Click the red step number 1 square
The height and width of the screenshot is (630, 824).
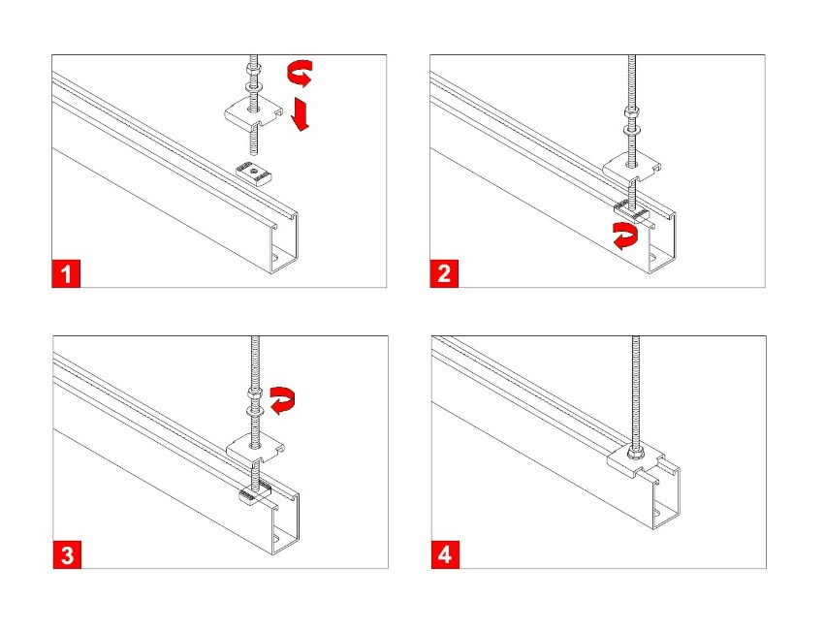coord(66,273)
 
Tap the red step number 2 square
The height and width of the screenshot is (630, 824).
coord(444,273)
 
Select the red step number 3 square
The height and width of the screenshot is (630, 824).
coord(67,554)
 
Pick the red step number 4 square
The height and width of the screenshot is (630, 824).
coord(445,554)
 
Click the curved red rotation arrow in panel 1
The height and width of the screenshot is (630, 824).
coord(301,72)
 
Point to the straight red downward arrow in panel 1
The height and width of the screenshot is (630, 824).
coord(301,113)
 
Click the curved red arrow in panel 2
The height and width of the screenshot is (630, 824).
coord(624,236)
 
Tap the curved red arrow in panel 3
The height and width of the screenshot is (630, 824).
coord(283,401)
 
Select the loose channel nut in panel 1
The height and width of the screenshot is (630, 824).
coord(253,173)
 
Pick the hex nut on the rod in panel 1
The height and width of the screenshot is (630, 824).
coord(253,69)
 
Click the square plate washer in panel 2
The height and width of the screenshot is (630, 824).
coord(631,168)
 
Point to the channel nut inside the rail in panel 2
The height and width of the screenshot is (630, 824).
coord(632,210)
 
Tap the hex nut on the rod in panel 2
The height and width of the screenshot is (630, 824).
coord(631,112)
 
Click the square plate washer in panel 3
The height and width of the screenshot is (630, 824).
coord(256,448)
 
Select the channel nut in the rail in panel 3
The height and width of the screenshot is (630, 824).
coord(254,493)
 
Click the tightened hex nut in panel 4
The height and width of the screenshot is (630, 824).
coord(633,452)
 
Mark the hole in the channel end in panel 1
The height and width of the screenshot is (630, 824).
coord(276,258)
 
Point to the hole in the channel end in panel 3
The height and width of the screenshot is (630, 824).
coord(278,539)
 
